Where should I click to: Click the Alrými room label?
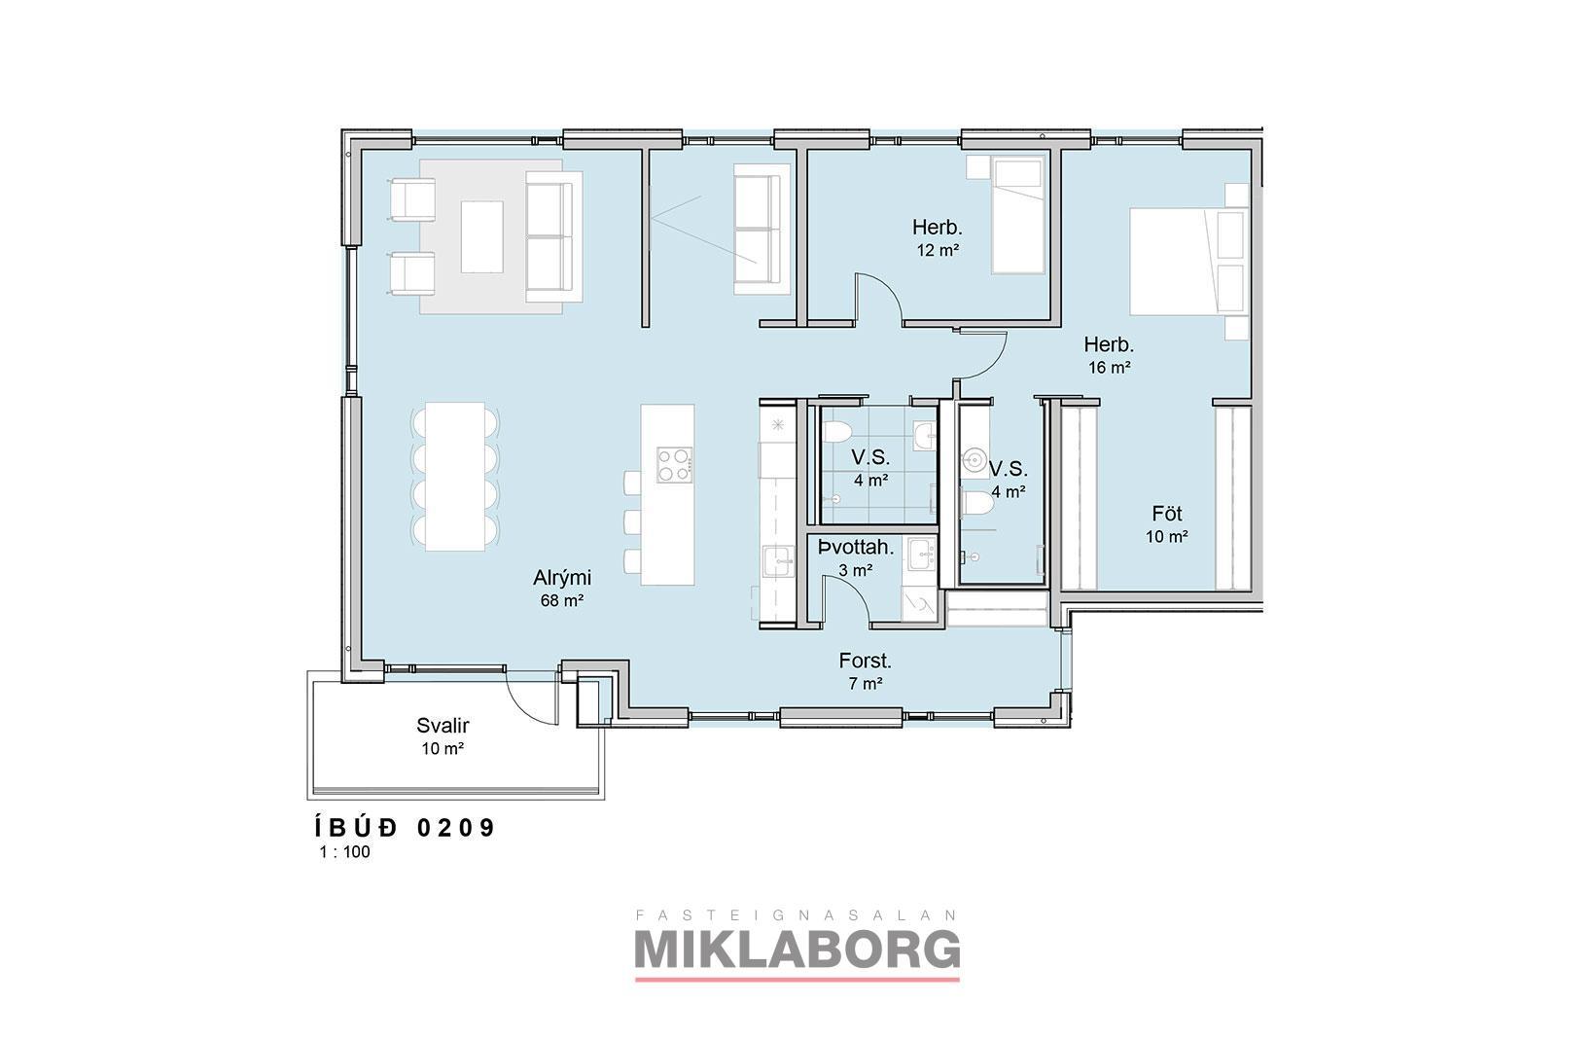pyautogui.click(x=562, y=578)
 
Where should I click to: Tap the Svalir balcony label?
pyautogui.click(x=443, y=726)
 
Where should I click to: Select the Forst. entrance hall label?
pyautogui.click(x=866, y=661)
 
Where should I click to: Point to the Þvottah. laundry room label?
pyautogui.click(x=856, y=547)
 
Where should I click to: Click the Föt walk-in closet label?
pyautogui.click(x=1167, y=514)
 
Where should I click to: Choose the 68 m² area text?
pyautogui.click(x=562, y=600)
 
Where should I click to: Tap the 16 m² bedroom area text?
pyautogui.click(x=1110, y=368)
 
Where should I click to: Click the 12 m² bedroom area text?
pyautogui.click(x=938, y=250)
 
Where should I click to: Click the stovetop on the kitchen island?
pyautogui.click(x=674, y=464)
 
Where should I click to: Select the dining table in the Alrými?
pyautogui.click(x=456, y=477)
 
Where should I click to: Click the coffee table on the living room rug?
pyautogui.click(x=482, y=237)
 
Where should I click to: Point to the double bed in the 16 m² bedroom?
pyautogui.click(x=1189, y=261)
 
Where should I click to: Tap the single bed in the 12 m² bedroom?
pyautogui.click(x=1019, y=216)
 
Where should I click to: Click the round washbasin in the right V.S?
pyautogui.click(x=973, y=458)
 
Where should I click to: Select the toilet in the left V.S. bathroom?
pyautogui.click(x=837, y=432)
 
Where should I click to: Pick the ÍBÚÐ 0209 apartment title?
pyautogui.click(x=405, y=828)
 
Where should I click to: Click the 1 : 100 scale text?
pyautogui.click(x=344, y=851)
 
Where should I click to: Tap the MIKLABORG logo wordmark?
pyautogui.click(x=797, y=948)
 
